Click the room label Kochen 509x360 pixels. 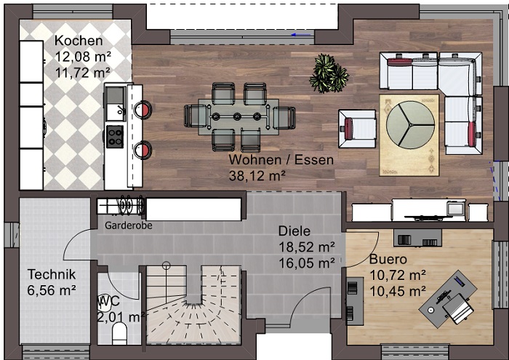click(79, 41)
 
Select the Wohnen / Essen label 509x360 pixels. click(281, 160)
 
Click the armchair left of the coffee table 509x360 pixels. click(356, 129)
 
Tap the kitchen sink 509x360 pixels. click(114, 103)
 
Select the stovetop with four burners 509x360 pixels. click(115, 136)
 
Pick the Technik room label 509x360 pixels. click(52, 274)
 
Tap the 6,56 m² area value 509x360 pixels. click(52, 290)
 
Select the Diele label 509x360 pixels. click(295, 231)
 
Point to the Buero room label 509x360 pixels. click(388, 259)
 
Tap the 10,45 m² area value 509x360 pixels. click(397, 290)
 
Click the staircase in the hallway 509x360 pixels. click(193, 305)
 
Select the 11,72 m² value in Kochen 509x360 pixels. click(82, 72)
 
